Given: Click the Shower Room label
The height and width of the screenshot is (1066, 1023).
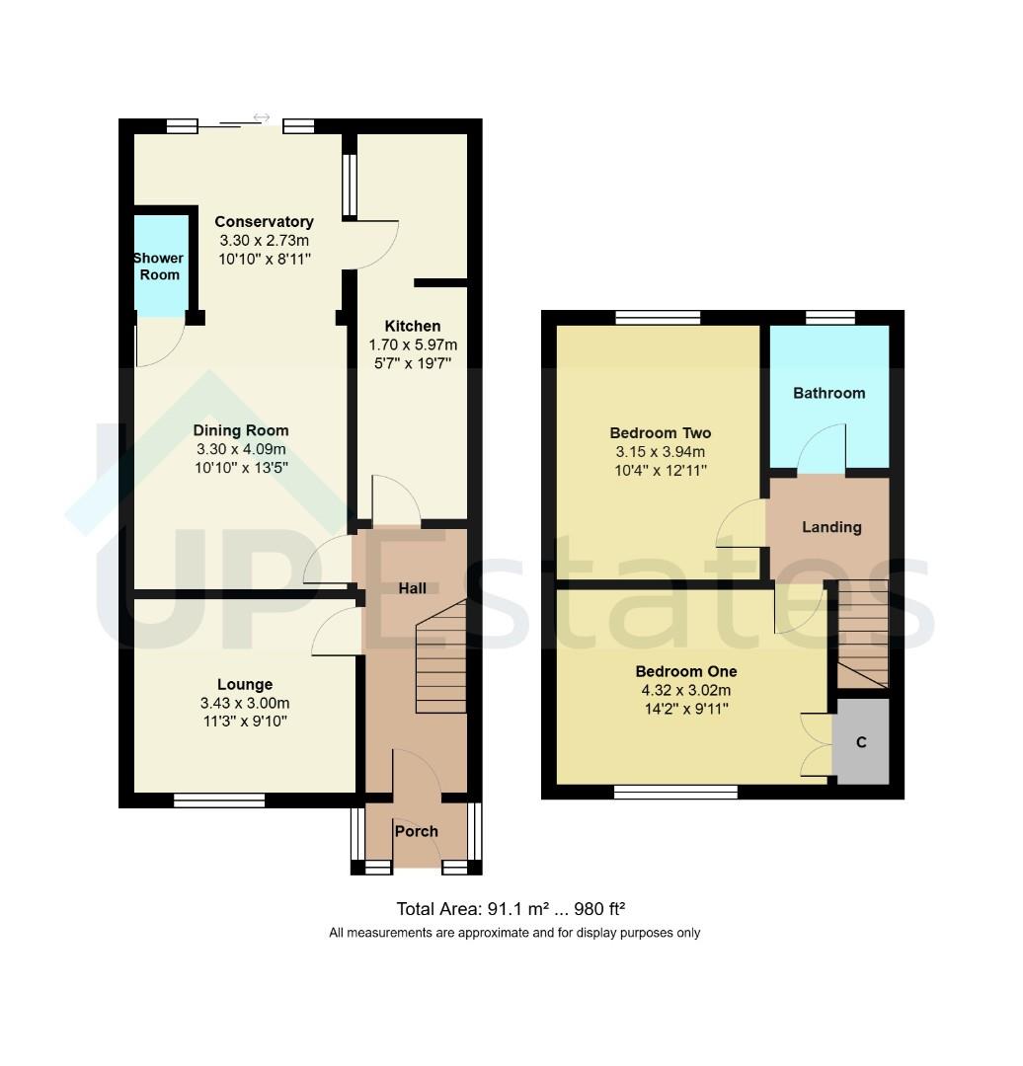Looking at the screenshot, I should point(159,266).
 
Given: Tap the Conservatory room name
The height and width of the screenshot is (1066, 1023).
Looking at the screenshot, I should point(264,221).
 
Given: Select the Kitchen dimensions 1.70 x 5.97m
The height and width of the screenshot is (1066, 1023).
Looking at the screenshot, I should point(413,344).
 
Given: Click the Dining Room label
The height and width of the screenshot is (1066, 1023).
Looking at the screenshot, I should point(241,430).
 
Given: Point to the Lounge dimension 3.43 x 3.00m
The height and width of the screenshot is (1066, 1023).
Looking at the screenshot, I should point(245,703).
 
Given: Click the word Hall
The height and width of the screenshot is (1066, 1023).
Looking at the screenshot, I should point(412,588).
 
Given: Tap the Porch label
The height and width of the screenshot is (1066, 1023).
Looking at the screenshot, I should point(416,831).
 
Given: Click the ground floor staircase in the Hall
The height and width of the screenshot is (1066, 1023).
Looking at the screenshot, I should point(441,659).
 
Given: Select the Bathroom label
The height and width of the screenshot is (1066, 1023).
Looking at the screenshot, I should point(828,393).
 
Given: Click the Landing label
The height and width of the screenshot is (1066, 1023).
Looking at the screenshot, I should point(830,527).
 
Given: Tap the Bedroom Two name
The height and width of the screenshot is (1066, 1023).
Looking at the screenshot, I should point(660,432).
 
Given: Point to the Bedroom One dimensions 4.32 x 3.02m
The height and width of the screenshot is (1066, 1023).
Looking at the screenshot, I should point(685,690).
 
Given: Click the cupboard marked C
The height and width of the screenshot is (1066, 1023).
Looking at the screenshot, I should point(861,742).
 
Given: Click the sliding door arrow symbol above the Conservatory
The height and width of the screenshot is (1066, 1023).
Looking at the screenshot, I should point(262,117).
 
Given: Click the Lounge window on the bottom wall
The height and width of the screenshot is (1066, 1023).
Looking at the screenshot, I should point(219,800).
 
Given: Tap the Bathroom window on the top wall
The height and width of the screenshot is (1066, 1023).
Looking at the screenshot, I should point(830,317).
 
